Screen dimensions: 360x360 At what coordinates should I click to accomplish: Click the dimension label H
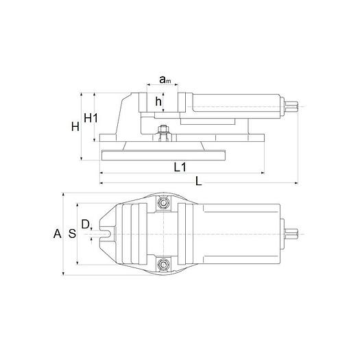click(x=75, y=125)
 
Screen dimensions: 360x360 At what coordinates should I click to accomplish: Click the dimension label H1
click(x=91, y=117)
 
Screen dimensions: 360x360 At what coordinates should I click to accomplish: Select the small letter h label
click(x=158, y=102)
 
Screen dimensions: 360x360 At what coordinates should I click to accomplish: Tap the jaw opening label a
click(x=165, y=81)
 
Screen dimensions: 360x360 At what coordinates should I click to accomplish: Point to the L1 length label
click(x=180, y=167)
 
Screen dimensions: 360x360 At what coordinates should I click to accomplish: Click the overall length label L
click(x=198, y=181)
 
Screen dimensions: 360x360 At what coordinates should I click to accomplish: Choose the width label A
click(x=57, y=234)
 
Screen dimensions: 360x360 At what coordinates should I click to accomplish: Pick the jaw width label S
click(x=71, y=234)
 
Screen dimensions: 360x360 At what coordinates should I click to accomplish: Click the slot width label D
click(x=85, y=224)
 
